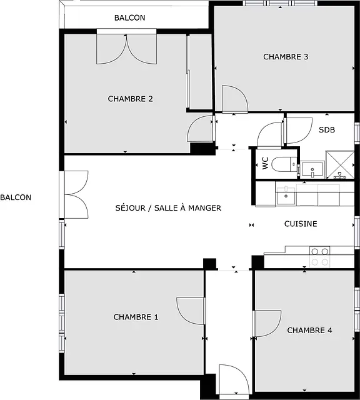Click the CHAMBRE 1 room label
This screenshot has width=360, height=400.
[136, 317]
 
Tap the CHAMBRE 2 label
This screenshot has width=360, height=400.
[131, 99]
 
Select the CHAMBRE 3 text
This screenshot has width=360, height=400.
[286, 57]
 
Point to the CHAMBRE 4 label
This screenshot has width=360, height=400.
[310, 331]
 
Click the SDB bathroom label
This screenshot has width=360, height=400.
[327, 130]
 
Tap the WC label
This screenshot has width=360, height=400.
[266, 163]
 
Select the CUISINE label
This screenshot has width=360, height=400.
[301, 224]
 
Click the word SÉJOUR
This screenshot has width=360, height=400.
[131, 207]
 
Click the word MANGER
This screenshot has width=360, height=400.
[204, 208]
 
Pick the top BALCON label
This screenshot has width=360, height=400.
[130, 17]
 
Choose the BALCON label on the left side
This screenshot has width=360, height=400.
[16, 197]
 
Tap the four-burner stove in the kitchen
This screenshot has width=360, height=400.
[320, 257]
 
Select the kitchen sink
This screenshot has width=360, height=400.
[286, 196]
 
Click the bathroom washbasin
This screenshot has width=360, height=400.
[312, 169]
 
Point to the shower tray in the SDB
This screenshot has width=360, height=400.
[340, 164]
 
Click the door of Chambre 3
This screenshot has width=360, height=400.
[235, 99]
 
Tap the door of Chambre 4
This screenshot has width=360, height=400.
[267, 324]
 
